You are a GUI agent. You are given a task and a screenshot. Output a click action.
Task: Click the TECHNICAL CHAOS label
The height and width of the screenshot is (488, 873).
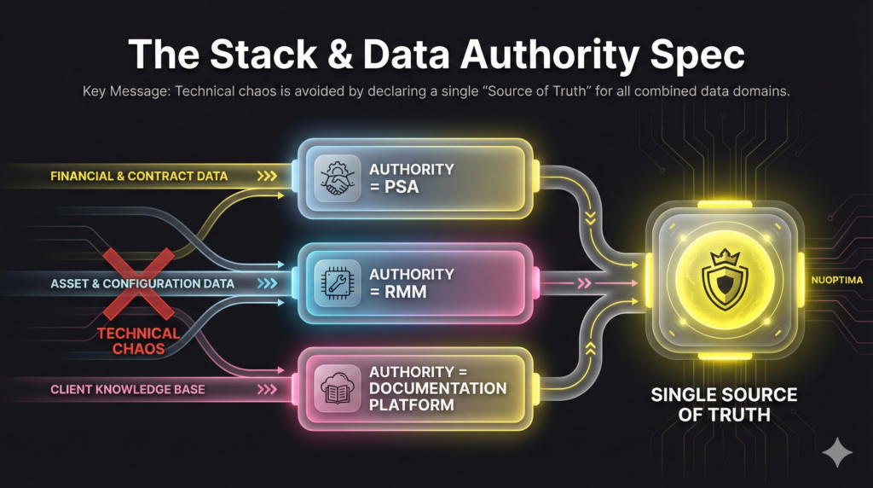point(137,340)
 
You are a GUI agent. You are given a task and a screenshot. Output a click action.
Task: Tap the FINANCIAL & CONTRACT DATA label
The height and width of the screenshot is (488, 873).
point(139,177)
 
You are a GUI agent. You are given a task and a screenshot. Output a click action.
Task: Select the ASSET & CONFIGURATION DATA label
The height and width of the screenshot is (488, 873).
point(142,282)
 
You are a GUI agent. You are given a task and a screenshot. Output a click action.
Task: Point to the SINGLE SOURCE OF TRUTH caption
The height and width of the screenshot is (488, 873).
point(724,404)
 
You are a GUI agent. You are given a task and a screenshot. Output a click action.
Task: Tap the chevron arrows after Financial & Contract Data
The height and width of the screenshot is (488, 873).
point(266,177)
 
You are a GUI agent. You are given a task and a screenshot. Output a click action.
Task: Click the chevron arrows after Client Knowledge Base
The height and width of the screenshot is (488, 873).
point(266,389)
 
